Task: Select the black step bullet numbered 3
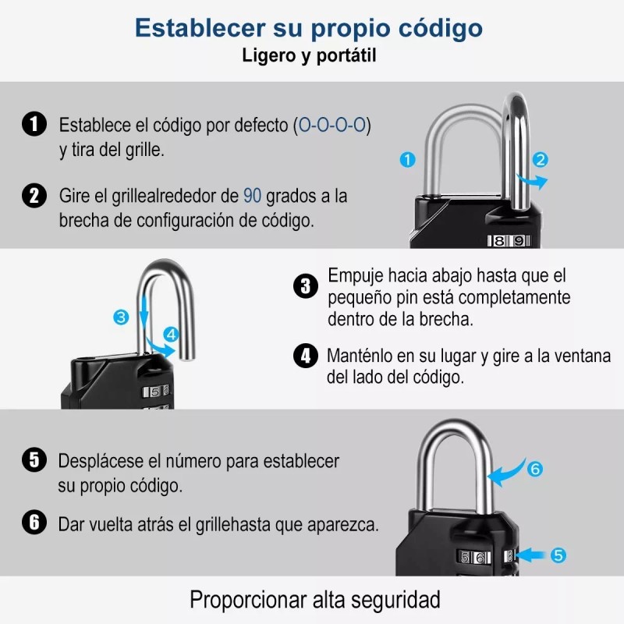coord(306,286)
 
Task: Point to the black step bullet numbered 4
coord(306,356)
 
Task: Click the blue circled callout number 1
coord(406,159)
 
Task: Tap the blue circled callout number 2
coord(540,160)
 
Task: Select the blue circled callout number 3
coord(120,317)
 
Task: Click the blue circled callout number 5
coord(558,555)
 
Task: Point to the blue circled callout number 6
coord(534,470)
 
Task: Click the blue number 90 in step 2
coord(252,195)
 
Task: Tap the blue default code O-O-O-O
coord(334,125)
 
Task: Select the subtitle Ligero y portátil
coord(310,56)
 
